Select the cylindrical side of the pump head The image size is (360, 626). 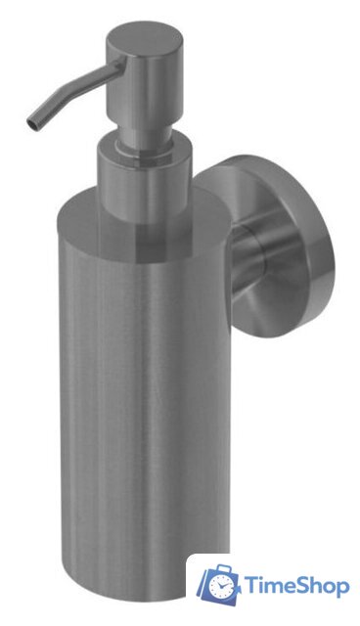click(x=145, y=88)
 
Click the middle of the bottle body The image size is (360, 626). click(x=145, y=399)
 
